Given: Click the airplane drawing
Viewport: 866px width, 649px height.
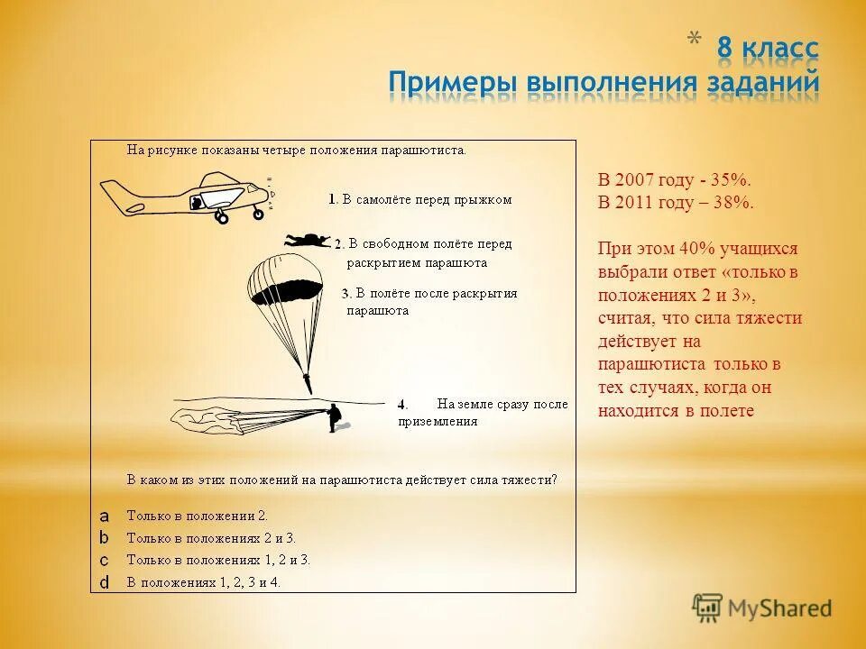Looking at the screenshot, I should [x=185, y=197].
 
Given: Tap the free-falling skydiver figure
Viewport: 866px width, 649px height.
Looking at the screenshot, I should [x=308, y=240].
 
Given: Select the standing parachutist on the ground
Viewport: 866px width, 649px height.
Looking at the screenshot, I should [x=335, y=417].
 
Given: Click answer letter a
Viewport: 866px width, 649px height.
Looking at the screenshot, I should [x=104, y=516].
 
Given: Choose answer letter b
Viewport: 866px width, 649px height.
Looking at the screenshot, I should [x=104, y=538].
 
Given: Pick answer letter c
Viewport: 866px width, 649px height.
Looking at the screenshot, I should [x=104, y=560].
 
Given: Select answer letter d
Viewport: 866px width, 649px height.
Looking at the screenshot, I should [x=104, y=582].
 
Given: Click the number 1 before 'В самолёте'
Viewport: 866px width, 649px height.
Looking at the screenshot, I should [x=331, y=200].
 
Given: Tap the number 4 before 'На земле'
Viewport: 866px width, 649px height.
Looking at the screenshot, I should [x=402, y=404].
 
